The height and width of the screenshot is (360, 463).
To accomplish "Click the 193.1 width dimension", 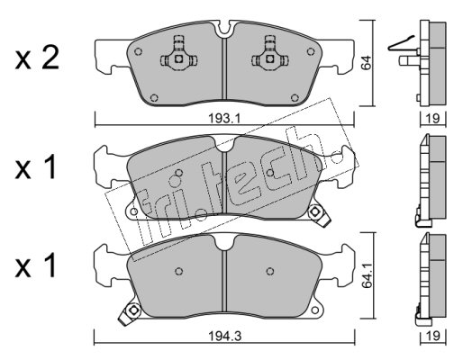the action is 224,119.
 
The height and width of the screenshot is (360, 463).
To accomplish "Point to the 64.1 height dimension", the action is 366,276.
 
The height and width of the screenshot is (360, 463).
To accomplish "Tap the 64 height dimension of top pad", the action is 366,63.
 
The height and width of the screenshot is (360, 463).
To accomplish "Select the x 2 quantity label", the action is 37,59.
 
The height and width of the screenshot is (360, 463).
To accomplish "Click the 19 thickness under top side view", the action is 433,118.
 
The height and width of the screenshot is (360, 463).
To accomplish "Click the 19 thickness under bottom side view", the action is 433,336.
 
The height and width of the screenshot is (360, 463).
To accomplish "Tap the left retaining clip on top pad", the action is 178,56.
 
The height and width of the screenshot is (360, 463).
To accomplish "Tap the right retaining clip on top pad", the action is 270,56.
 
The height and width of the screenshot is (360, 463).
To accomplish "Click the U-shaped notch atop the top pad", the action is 225,30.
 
